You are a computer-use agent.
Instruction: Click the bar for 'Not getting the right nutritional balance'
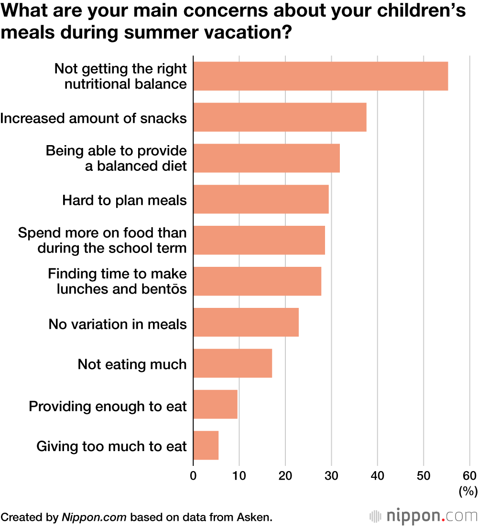click(320, 76)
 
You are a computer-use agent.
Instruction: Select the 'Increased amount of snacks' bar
click(280, 117)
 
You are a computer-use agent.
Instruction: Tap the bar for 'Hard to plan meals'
click(261, 200)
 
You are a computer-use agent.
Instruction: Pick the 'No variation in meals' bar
click(246, 322)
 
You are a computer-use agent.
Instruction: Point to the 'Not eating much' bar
click(232, 363)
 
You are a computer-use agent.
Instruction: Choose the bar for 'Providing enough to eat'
click(215, 404)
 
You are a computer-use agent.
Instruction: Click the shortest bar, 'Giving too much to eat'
click(206, 445)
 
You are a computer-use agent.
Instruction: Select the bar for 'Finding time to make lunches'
click(257, 281)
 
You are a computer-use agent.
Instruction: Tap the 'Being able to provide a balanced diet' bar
click(266, 158)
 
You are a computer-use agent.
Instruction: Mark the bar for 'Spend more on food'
click(259, 241)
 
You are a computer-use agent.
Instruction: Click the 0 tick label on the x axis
click(193, 475)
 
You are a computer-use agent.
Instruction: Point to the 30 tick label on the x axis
click(331, 475)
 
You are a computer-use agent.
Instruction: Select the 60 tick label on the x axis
click(469, 475)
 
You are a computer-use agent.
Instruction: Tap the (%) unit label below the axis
click(467, 491)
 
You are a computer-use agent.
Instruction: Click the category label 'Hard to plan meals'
click(124, 200)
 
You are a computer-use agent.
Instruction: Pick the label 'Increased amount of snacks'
click(93, 118)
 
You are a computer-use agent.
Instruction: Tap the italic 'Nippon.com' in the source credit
click(94, 517)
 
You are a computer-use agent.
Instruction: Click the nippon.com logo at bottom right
click(424, 516)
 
